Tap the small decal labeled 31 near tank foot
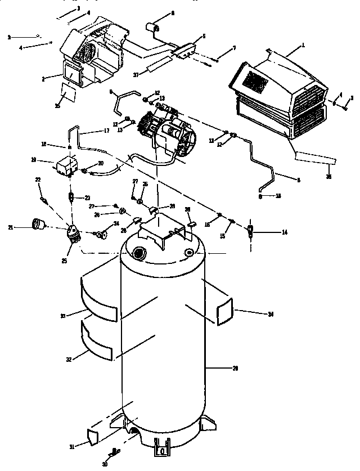[93, 436]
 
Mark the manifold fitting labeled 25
[73, 232]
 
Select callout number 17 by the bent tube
[106, 131]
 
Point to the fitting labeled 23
[71, 198]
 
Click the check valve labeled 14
[251, 230]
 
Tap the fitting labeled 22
[43, 198]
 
